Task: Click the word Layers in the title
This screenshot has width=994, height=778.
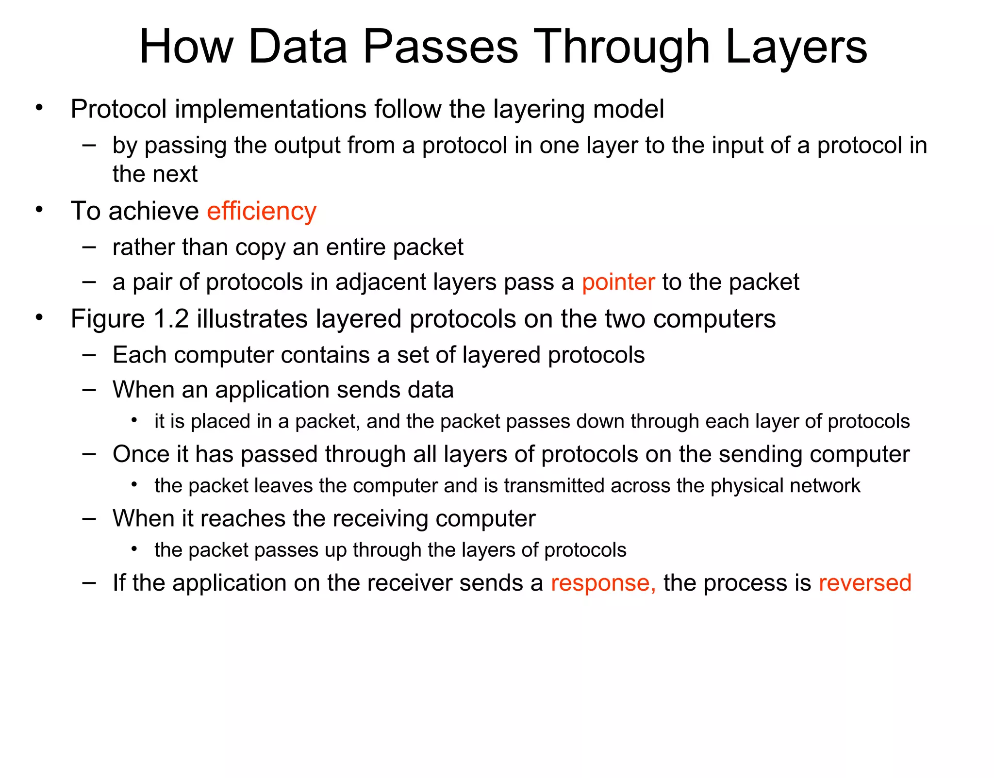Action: [x=796, y=48]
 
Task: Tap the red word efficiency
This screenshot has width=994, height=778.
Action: [x=262, y=212]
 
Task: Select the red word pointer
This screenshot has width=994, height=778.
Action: [x=618, y=282]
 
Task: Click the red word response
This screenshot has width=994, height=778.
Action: [x=603, y=583]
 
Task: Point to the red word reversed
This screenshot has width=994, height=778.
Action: [x=864, y=583]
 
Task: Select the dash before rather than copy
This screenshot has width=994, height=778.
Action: [x=89, y=247]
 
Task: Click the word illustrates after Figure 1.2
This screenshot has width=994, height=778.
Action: [x=252, y=319]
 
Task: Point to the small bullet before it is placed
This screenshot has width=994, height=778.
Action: [x=134, y=420]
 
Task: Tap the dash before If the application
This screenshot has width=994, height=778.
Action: [x=89, y=581]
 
